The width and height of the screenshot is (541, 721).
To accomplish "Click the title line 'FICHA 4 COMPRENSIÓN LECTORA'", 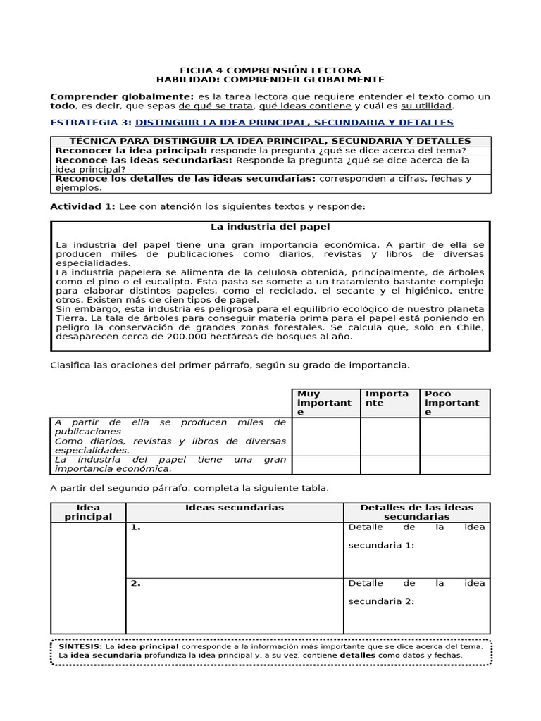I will click(270, 70).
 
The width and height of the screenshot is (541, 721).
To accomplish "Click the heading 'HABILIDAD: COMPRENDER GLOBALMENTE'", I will click(270, 80).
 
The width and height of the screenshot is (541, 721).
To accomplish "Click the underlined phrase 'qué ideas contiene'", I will click(305, 106).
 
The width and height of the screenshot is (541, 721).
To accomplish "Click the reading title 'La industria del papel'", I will click(270, 227).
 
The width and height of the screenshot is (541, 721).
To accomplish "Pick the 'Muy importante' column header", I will click(325, 403).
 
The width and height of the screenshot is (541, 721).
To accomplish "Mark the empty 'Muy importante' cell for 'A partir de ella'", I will click(326, 427).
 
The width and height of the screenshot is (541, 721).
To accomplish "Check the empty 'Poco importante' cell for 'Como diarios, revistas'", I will click(454, 446).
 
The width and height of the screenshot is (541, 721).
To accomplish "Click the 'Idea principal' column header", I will click(88, 512).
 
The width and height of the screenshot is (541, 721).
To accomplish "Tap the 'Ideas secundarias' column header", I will click(234, 508).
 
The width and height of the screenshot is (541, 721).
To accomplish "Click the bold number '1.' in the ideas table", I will click(135, 527).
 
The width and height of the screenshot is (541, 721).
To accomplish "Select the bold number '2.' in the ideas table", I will click(135, 583).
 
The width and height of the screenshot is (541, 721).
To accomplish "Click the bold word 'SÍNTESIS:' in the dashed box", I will click(80, 646).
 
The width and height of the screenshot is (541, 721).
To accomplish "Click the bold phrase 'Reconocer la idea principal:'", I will click(131, 151).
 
